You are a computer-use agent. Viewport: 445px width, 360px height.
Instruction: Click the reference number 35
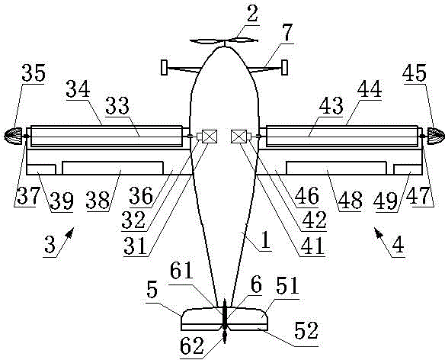(34, 73)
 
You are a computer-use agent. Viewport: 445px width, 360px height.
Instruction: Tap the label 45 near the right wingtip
(415, 73)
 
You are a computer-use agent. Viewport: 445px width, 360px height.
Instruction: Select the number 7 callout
(287, 33)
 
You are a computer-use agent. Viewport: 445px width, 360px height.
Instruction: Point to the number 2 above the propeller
(252, 14)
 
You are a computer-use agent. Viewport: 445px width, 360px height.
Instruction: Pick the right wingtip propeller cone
(436, 136)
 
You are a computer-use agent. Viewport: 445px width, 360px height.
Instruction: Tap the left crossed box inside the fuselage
(210, 136)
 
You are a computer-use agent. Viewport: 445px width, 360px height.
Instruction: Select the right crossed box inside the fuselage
(239, 136)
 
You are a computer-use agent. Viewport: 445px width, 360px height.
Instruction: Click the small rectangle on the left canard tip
(164, 67)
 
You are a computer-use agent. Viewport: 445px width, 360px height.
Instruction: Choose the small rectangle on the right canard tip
(284, 67)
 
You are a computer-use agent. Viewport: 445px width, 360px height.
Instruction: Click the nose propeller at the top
(224, 41)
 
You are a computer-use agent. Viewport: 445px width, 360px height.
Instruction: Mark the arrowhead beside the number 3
(70, 232)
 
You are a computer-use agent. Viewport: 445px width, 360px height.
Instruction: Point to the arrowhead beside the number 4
(378, 232)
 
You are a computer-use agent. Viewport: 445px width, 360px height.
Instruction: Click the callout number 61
(181, 271)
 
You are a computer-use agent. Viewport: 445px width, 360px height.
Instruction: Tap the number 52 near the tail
(306, 330)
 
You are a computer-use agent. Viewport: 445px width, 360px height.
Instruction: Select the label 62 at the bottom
(192, 346)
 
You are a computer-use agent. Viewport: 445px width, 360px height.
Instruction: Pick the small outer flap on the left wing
(41, 169)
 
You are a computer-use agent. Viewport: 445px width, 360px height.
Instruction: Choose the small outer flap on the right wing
(408, 169)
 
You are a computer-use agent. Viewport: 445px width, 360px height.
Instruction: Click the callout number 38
(98, 200)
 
